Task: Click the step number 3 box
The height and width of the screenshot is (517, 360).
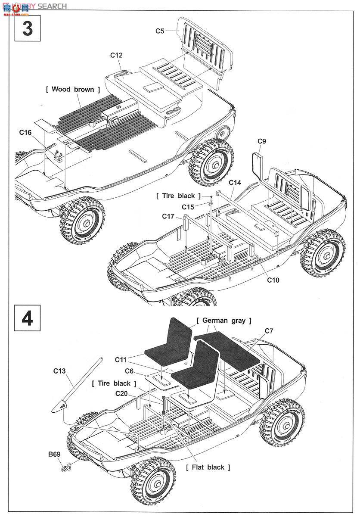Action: [x=28, y=28]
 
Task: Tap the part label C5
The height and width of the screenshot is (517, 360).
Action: [x=160, y=31]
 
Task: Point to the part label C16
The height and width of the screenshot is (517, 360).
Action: [x=25, y=132]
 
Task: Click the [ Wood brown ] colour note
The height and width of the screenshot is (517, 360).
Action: [x=73, y=89]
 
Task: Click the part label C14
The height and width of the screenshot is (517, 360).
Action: [x=235, y=182]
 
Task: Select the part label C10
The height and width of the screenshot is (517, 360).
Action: [x=273, y=280]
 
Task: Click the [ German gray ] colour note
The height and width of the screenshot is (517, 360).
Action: [x=224, y=321]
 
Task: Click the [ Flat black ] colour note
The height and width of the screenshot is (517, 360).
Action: [x=208, y=467]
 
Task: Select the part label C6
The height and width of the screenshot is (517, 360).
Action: [x=130, y=371]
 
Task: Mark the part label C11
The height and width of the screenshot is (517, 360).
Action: [x=121, y=359]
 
